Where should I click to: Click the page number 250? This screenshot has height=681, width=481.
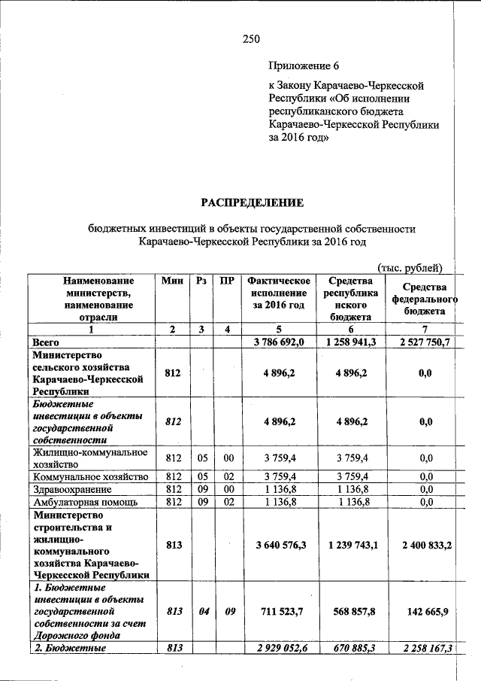coord(250,39)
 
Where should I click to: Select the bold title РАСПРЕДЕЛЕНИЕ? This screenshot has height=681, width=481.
coord(251,202)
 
